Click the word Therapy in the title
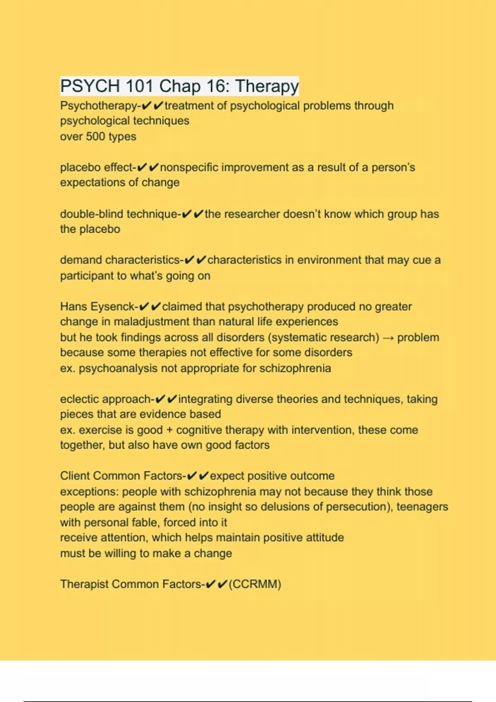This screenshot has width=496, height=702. coord(267,86)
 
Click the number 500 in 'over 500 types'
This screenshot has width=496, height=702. coord(95,136)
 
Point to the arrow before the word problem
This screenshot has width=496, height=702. coord(388,338)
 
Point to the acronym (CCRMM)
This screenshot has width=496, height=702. coord(255,584)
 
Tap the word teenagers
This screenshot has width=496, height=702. coord(422,507)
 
